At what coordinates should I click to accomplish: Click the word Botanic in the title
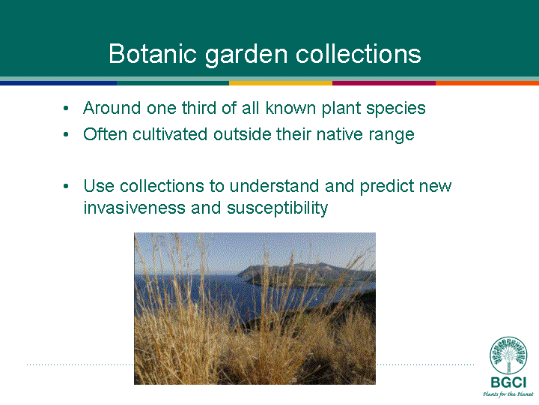[x=153, y=54]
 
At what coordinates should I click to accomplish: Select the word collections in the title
[x=358, y=54]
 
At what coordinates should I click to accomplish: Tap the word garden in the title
[x=246, y=55]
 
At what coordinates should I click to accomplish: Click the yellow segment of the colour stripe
[x=281, y=83]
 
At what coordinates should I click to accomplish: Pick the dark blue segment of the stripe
[x=58, y=83]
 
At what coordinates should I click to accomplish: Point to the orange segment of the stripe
[x=487, y=83]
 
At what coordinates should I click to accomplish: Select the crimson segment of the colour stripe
[x=384, y=83]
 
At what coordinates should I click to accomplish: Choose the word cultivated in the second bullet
[x=170, y=134]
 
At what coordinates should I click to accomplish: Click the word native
[x=340, y=134]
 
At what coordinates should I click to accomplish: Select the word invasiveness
[x=135, y=208]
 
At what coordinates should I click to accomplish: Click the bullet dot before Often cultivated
[x=66, y=135]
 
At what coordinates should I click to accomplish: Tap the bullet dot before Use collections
[x=66, y=187]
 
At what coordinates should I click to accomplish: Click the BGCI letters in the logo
[x=508, y=382]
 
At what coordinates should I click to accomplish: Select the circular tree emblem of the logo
[x=508, y=355]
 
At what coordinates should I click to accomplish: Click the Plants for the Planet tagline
[x=508, y=394]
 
